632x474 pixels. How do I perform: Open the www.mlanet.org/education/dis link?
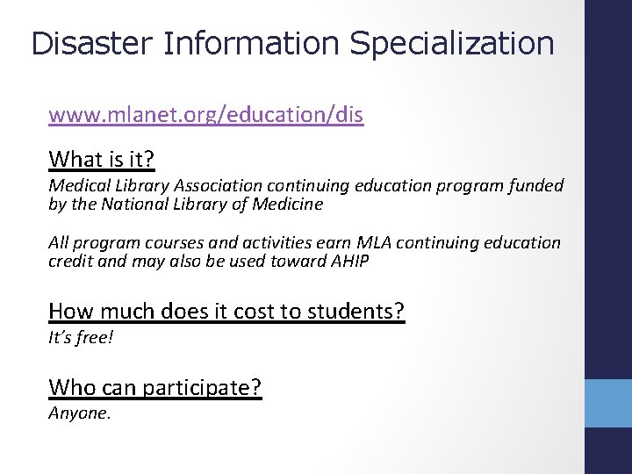point(206,114)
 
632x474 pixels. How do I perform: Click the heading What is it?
point(102,159)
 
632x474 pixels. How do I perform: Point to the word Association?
point(219,186)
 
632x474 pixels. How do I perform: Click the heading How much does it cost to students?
point(226,311)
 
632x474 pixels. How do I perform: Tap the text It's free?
point(81,337)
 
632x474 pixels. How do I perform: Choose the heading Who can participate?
point(155,387)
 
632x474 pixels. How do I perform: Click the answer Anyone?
point(79,413)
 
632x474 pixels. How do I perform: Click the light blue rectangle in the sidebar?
point(608,403)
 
